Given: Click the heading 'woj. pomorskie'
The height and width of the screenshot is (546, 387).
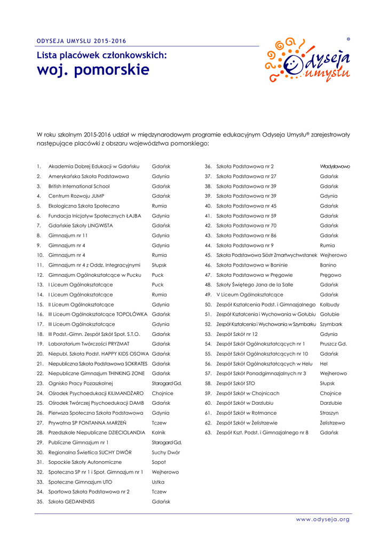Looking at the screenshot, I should [x=93, y=70].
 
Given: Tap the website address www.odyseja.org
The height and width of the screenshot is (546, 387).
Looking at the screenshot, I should [x=323, y=519].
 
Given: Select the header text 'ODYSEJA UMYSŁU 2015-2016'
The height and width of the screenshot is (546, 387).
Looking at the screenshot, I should [x=82, y=41].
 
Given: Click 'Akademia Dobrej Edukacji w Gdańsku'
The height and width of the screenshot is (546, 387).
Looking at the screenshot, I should [x=93, y=167].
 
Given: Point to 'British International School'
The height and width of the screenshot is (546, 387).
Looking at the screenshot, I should [x=79, y=187].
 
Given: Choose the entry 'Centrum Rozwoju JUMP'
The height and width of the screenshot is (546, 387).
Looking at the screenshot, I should [x=76, y=196].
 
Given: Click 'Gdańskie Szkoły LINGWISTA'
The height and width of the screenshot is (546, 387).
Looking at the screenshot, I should [x=81, y=226].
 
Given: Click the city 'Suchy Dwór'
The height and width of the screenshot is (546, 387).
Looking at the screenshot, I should [x=165, y=452].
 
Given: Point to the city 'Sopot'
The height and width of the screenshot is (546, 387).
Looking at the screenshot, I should [x=159, y=462].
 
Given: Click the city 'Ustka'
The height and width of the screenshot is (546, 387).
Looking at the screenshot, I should [x=159, y=482].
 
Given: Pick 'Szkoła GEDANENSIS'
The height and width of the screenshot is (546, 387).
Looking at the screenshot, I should [x=71, y=502].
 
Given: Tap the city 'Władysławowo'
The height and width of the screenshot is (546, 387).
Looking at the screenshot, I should [x=335, y=167].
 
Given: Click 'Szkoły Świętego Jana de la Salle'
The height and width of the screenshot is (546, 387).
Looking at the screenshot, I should [x=255, y=285].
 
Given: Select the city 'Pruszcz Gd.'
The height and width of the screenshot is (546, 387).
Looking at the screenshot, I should [x=333, y=344].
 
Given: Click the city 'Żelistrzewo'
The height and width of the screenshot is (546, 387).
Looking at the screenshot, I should [x=332, y=423].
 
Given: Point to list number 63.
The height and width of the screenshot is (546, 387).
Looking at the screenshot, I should [x=208, y=432].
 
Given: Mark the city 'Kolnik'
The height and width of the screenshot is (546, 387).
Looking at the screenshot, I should [x=159, y=432].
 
